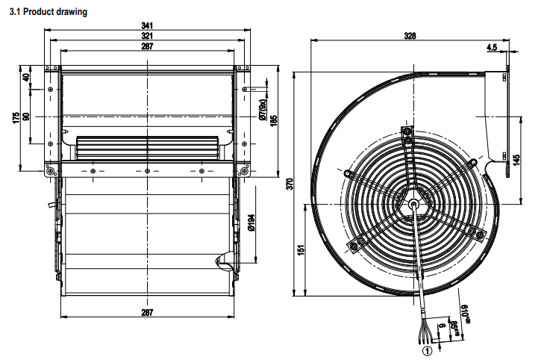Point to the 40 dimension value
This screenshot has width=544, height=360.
(x=28, y=77)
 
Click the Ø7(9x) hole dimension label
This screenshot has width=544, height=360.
(x=263, y=110)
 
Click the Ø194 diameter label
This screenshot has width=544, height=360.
(x=252, y=224)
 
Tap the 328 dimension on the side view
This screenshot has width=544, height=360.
(x=410, y=36)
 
